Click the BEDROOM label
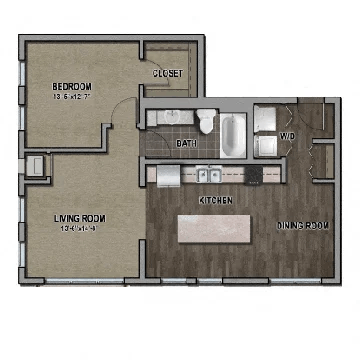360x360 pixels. click(72, 86)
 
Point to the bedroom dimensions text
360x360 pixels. click(72, 97)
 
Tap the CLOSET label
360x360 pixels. click(166, 74)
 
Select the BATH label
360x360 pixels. click(186, 144)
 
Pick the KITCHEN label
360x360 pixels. click(216, 201)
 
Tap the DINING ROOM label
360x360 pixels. click(303, 226)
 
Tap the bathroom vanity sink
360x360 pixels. click(171, 118)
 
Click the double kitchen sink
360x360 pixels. click(210, 175)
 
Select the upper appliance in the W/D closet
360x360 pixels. click(267, 120)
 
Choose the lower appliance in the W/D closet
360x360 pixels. click(267, 146)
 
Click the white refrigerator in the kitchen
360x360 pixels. click(166, 175)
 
